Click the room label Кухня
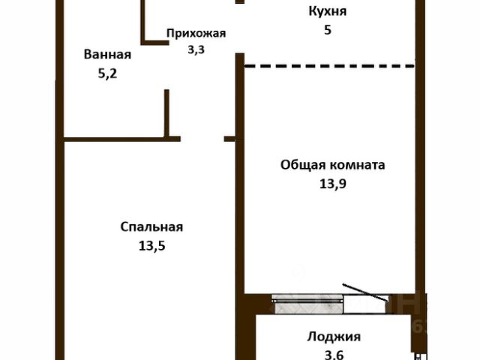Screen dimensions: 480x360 328,12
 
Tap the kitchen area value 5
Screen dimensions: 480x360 328,30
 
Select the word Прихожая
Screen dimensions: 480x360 196,33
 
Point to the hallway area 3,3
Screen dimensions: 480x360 196,49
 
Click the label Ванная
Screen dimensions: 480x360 107,55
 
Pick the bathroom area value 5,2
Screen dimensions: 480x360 107,73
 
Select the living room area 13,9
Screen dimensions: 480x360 333,184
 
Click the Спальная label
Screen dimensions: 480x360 151,227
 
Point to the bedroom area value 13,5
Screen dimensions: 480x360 151,246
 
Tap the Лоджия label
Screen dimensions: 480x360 334,337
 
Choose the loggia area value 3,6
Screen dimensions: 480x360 334,355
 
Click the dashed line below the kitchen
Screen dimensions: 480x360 329,65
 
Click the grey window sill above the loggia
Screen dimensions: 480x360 307,304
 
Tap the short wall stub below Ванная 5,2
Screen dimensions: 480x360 166,113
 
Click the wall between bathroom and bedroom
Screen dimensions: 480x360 121,139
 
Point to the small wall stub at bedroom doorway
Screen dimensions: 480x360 229,139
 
